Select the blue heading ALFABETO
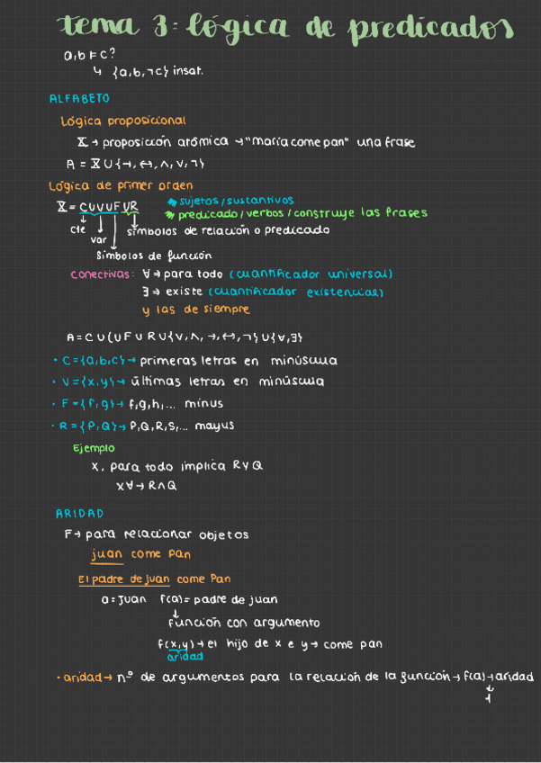79,98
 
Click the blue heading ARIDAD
79,514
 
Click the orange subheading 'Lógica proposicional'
122,120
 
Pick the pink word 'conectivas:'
103,274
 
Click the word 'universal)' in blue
359,274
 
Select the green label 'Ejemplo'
94,447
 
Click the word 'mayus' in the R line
216,426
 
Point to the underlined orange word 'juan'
107,554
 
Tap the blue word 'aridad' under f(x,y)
185,656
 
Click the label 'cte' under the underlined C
77,229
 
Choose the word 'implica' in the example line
202,467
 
